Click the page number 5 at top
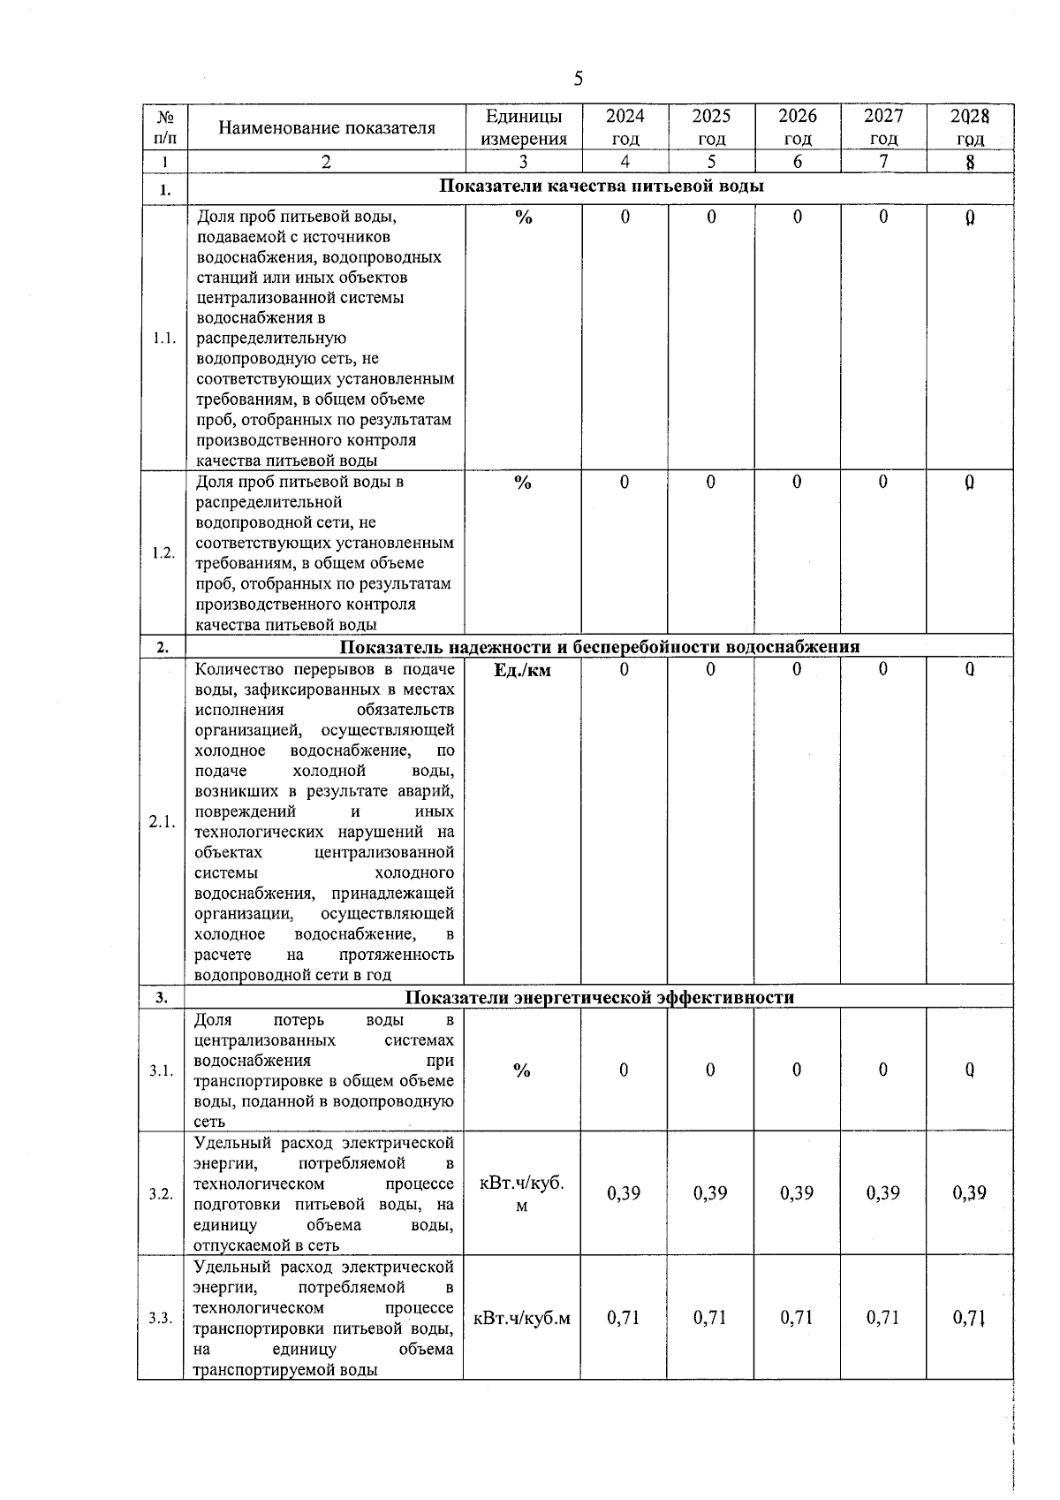tap(579, 80)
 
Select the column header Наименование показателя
tap(327, 128)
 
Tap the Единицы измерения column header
tap(523, 127)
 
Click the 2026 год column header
tap(798, 127)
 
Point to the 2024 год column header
tap(625, 127)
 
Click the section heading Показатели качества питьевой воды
tap(601, 187)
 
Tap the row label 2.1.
tap(163, 822)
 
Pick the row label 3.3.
tap(161, 1318)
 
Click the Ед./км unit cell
tap(522, 671)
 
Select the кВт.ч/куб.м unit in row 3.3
tap(522, 1319)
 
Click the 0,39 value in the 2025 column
tap(710, 1194)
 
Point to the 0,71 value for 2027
tap(882, 1318)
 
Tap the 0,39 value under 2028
tap(969, 1194)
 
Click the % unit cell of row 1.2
tap(523, 483)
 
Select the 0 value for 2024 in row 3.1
tap(624, 1070)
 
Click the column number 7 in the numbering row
tap(883, 162)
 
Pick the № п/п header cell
tap(164, 127)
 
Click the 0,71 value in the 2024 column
tap(624, 1318)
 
